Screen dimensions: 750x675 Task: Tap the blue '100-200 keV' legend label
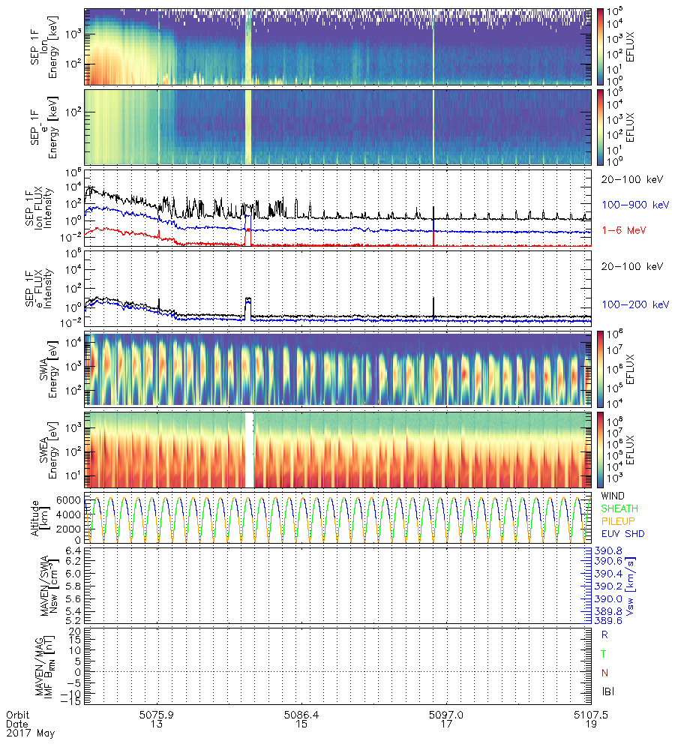(634, 304)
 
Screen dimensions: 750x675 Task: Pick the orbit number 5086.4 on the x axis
(303, 715)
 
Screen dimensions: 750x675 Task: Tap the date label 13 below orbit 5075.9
(157, 724)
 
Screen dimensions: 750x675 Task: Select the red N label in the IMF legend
(604, 672)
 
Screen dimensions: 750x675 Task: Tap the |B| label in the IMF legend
(607, 691)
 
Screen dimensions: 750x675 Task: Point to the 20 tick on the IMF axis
(75, 631)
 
